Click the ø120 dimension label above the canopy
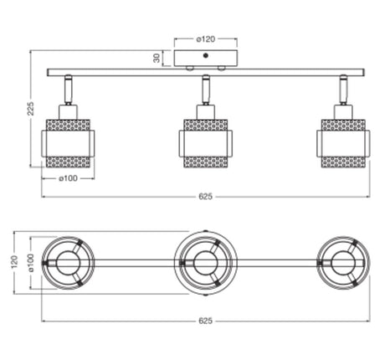click(206, 39)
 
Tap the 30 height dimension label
click(157, 58)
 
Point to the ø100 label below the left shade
click(68, 178)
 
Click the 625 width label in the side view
click(206, 197)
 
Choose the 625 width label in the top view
click(206, 321)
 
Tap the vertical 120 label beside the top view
click(14, 262)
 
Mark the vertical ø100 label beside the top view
click(30, 263)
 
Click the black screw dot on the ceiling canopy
click(206, 55)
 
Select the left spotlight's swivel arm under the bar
click(68, 90)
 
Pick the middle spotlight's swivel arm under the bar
click(206, 90)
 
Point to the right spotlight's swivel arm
click(343, 90)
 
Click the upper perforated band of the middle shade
click(206, 126)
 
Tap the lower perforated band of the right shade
click(343, 162)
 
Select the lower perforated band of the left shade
click(68, 162)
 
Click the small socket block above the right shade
click(343, 112)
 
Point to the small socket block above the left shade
click(68, 112)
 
